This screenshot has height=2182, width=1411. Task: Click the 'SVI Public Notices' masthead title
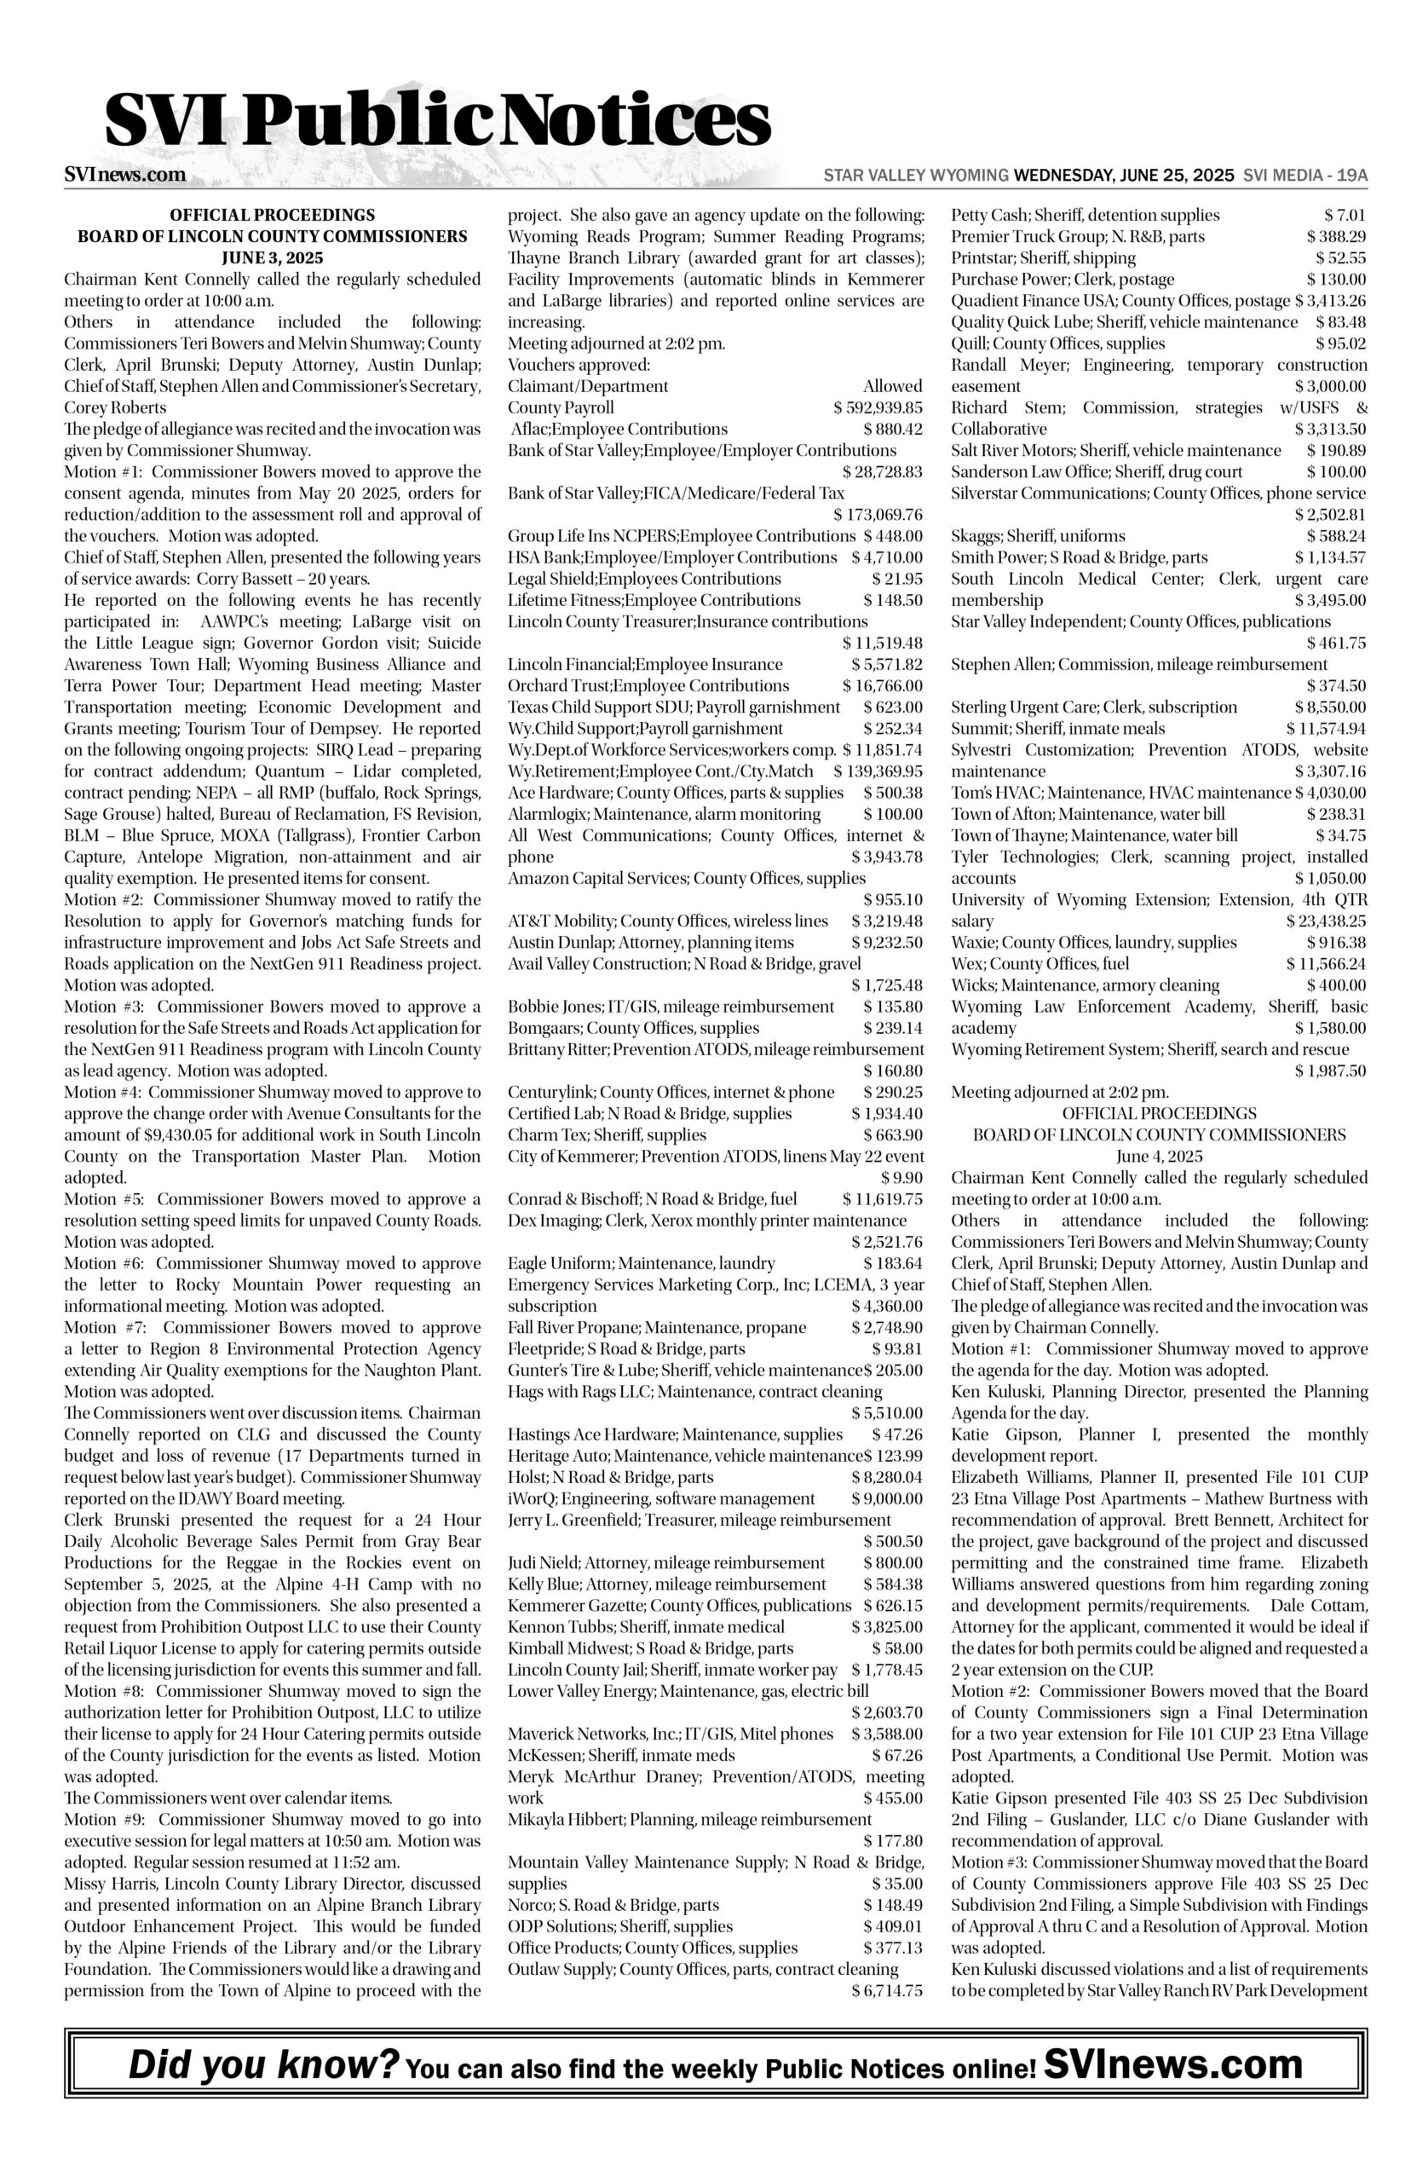click(437, 122)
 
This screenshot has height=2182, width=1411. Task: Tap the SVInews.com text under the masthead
click(125, 175)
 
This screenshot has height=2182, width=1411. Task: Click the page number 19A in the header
click(1351, 175)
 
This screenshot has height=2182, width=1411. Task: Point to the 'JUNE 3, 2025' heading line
click(272, 257)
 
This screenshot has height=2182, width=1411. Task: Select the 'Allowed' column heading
click(892, 387)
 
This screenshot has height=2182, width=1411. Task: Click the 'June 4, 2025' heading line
click(1159, 1157)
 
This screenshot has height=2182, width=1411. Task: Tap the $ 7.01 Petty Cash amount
click(1345, 216)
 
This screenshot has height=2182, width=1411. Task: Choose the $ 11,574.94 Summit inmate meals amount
click(1326, 729)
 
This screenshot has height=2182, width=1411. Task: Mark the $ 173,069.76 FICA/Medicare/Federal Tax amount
click(878, 515)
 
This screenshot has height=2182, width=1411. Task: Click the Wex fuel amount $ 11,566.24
click(1326, 964)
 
